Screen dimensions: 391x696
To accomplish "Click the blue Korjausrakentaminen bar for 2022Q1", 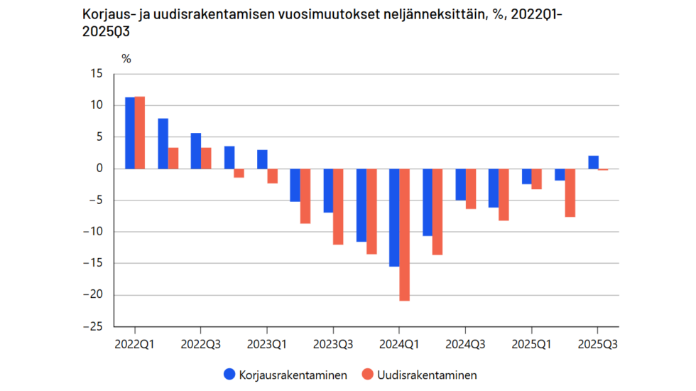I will (x=130, y=133).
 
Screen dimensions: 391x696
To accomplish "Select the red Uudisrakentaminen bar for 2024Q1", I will (x=404, y=235).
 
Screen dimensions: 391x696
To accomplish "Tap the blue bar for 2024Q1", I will (x=394, y=218).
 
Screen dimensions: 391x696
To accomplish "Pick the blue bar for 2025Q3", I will (x=593, y=162).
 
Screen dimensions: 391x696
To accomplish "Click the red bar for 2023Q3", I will (x=338, y=206).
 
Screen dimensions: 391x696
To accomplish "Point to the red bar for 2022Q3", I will (x=206, y=158).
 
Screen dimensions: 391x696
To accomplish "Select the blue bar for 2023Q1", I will (x=262, y=159).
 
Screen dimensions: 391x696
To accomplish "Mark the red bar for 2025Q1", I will (x=537, y=178).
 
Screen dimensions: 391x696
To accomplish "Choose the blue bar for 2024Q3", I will (x=460, y=184).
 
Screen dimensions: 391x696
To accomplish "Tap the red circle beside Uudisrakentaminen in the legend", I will (x=367, y=375).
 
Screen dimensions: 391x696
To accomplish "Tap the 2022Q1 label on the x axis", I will (x=135, y=345).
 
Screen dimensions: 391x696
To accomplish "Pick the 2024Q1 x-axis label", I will (x=399, y=345).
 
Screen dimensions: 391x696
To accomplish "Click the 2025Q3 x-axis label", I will (x=597, y=345).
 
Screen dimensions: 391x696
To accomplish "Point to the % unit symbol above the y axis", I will (x=126, y=59).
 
